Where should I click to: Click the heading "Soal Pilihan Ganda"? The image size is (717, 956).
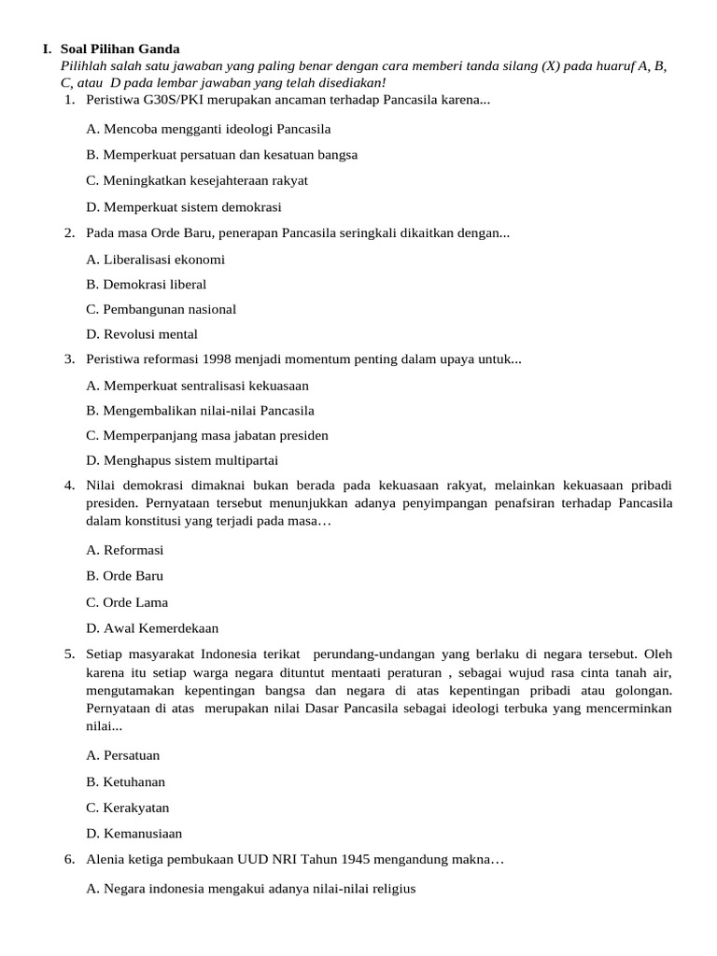point(119,49)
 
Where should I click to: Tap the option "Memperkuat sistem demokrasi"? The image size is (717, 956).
point(183,207)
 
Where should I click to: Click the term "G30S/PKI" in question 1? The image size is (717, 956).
point(178,99)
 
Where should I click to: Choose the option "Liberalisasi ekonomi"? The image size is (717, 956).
point(155,260)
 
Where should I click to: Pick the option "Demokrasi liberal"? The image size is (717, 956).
point(146,284)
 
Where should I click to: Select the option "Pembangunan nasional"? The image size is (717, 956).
point(161,309)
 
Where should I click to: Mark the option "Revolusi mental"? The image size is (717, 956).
point(142,334)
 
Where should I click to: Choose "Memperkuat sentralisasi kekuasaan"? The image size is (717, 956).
point(197,386)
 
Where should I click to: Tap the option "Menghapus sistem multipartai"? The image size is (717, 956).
point(181,460)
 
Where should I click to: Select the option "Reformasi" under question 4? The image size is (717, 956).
point(124,550)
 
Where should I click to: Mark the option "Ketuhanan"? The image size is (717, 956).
point(125,781)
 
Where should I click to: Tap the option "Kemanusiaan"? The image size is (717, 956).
point(134,834)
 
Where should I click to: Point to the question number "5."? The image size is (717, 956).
point(70,654)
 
